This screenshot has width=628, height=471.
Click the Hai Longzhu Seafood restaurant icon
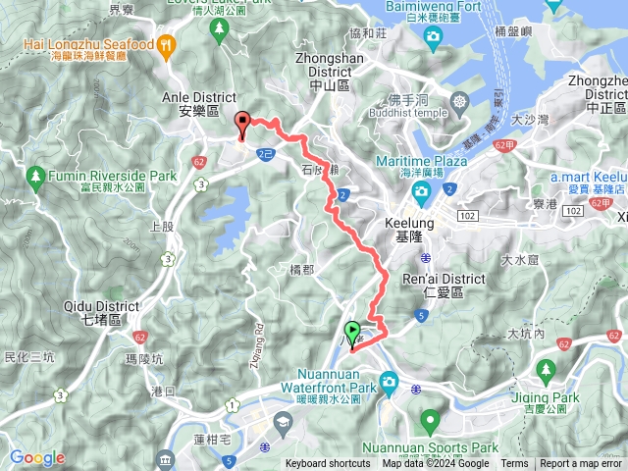pos(167,44)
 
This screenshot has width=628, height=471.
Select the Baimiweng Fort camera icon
pos(433,36)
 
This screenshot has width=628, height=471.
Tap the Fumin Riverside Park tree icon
pos(36,177)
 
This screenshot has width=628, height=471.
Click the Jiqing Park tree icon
pos(547,371)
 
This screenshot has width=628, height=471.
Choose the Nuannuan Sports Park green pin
pos(429,423)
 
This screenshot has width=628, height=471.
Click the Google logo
pos(36,458)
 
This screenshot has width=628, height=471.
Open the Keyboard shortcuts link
pos(328,464)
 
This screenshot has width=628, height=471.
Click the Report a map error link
pos(583,464)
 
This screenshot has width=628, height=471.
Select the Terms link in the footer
pos(514,464)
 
